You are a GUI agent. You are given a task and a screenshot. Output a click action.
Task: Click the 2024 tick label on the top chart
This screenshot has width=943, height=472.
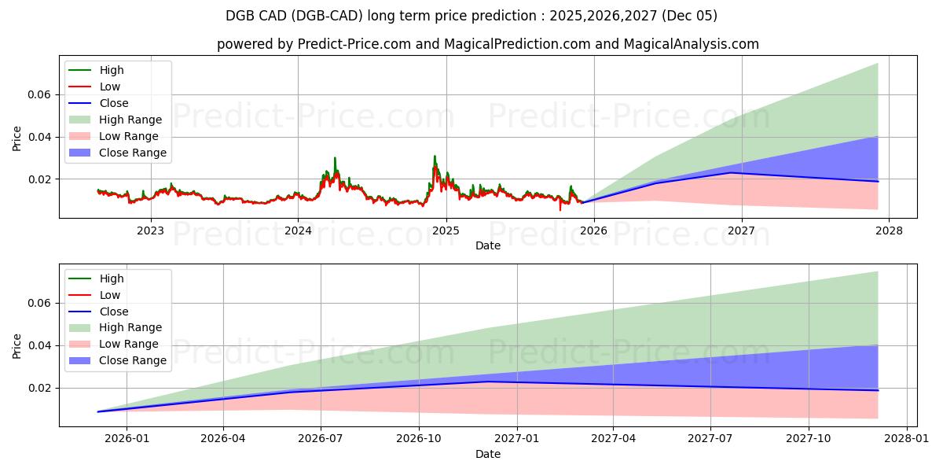[298, 230]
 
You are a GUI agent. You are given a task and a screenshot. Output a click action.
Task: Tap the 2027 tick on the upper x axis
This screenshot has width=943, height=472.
[741, 230]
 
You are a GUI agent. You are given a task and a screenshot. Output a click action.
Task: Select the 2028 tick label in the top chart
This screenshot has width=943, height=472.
[889, 230]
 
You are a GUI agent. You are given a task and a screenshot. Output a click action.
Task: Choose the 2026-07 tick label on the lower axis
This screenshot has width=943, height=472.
[321, 439]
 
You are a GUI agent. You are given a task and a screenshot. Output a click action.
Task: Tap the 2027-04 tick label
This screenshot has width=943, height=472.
[614, 439]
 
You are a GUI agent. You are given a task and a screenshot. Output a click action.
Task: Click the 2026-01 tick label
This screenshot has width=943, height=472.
[127, 439]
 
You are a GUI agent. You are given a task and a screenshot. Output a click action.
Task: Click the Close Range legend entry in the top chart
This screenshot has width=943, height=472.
[132, 153]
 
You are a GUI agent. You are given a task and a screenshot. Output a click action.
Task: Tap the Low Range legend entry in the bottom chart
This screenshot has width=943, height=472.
[128, 344]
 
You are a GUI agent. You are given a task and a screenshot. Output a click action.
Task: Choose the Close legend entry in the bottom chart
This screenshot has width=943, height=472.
[113, 312]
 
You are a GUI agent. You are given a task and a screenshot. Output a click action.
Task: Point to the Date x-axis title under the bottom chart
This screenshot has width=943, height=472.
[487, 454]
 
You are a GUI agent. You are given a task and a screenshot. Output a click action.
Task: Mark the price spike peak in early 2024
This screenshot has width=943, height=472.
[335, 158]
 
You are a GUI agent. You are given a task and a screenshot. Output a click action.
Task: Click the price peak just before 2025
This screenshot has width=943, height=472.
[435, 156]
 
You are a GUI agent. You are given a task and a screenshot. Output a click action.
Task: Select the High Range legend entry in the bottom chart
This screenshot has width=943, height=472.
[130, 327]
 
